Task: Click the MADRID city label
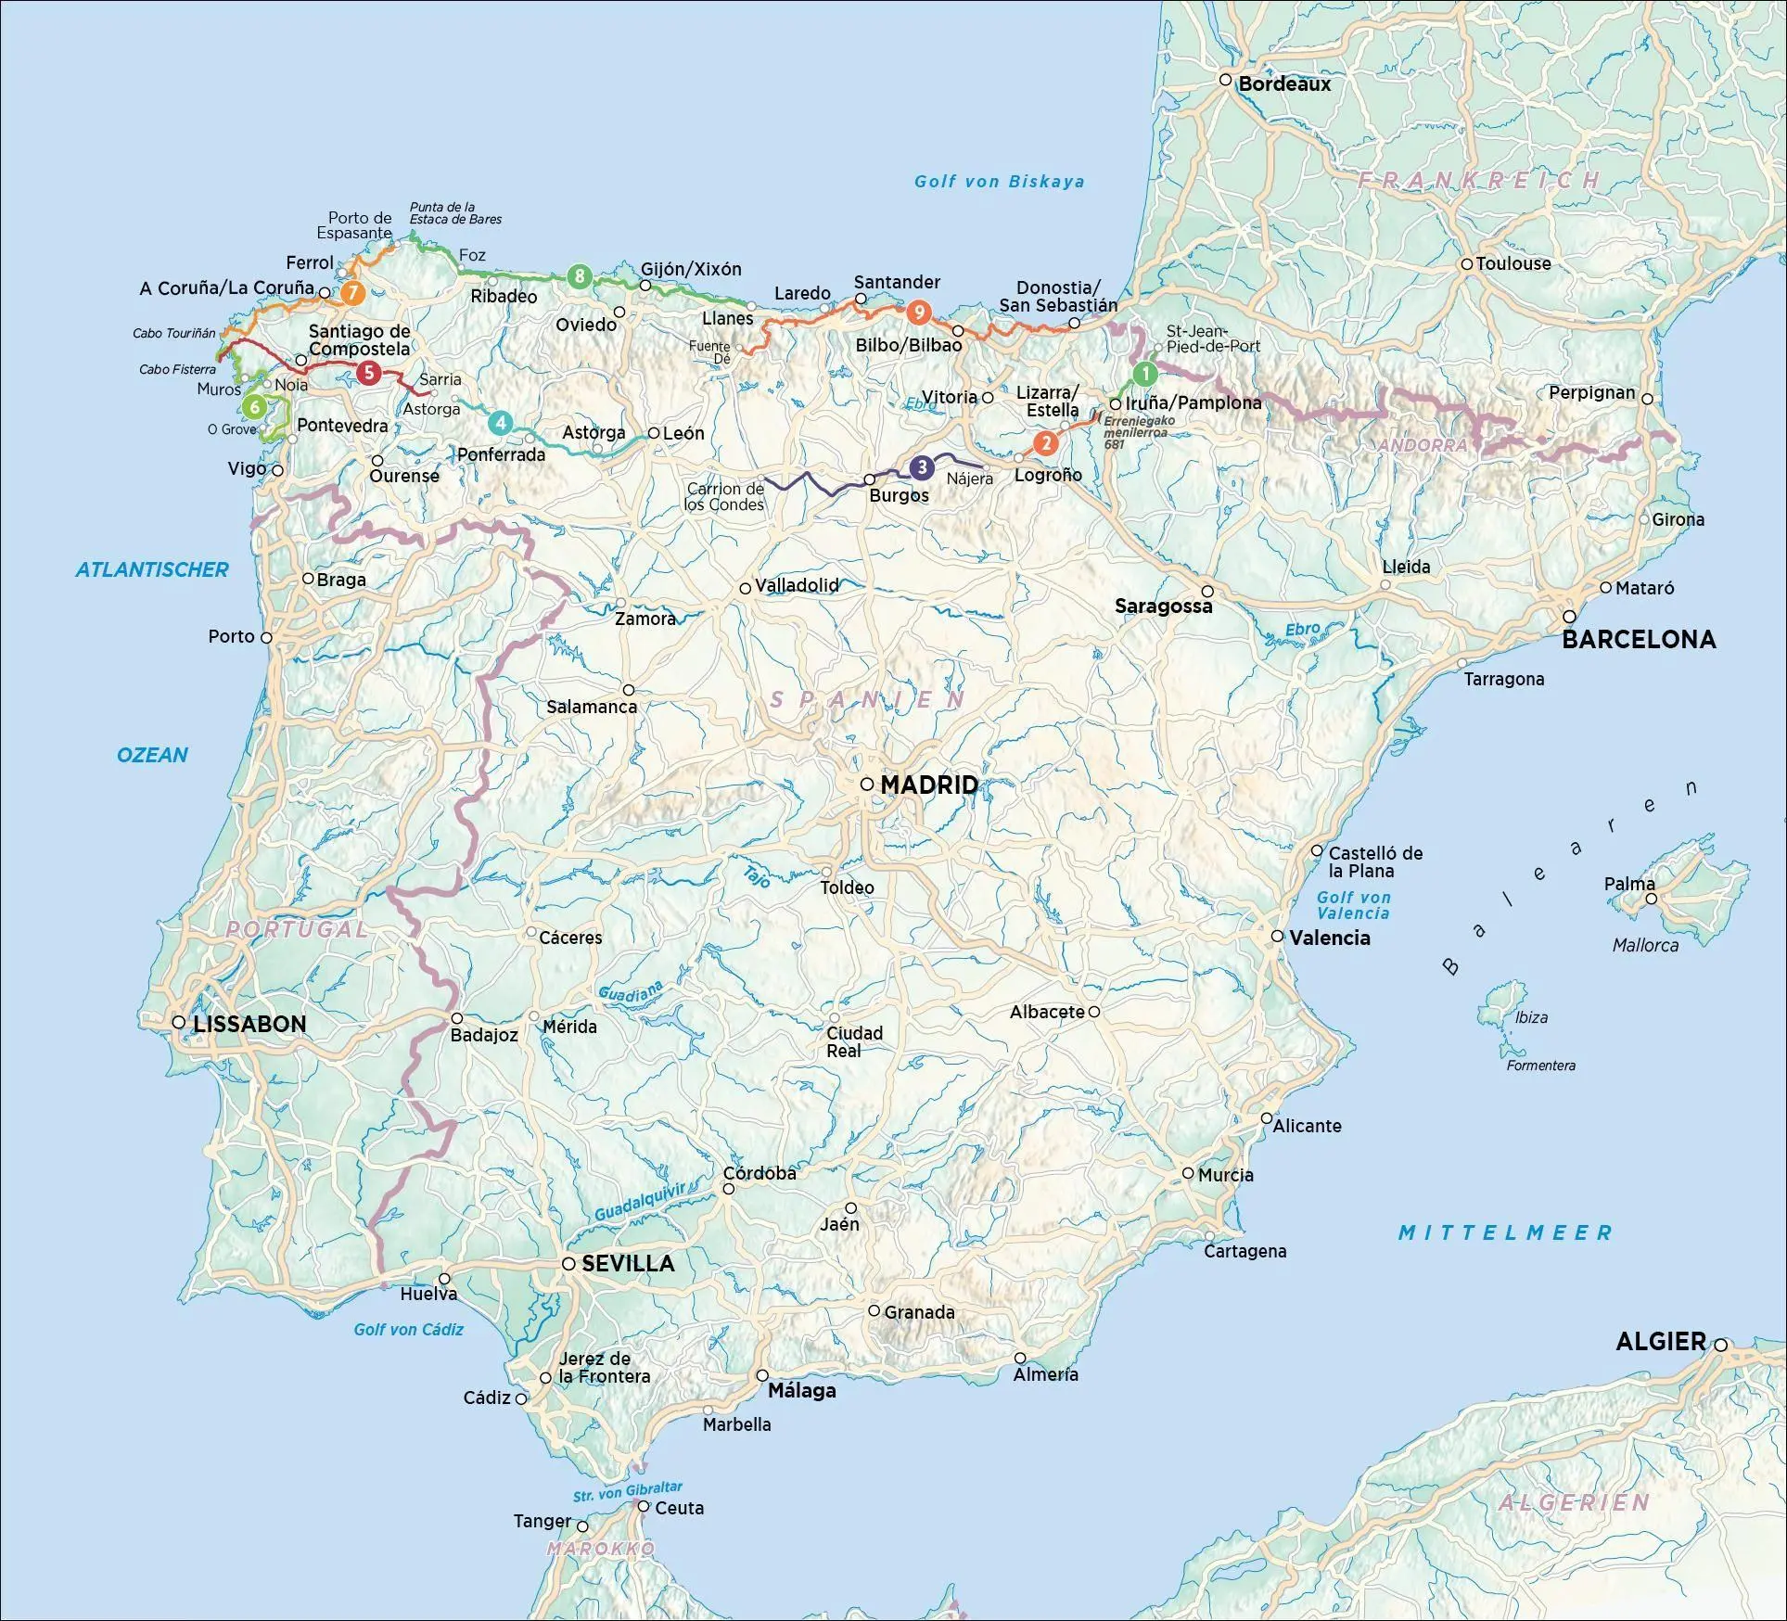pyautogui.click(x=928, y=785)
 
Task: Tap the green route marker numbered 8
pyautogui.click(x=580, y=275)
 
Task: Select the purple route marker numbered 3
pyautogui.click(x=921, y=467)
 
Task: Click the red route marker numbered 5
pyautogui.click(x=368, y=374)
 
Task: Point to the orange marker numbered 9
pyautogui.click(x=918, y=313)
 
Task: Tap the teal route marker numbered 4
pyautogui.click(x=500, y=424)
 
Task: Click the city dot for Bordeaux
pyautogui.click(x=1225, y=80)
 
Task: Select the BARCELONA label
pyautogui.click(x=1639, y=639)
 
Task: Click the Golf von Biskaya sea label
pyautogui.click(x=999, y=182)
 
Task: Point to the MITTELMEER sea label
pyautogui.click(x=1505, y=1232)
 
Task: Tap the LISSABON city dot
pyautogui.click(x=179, y=1022)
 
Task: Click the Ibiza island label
pyautogui.click(x=1531, y=1017)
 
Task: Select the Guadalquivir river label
pyautogui.click(x=640, y=1202)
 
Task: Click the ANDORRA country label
pyautogui.click(x=1422, y=445)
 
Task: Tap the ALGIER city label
pyautogui.click(x=1661, y=1341)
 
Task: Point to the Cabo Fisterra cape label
pyautogui.click(x=177, y=369)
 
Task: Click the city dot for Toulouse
pyautogui.click(x=1467, y=264)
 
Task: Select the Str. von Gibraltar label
pyautogui.click(x=627, y=1492)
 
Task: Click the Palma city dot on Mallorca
pyautogui.click(x=1651, y=899)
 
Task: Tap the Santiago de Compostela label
pyautogui.click(x=359, y=340)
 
